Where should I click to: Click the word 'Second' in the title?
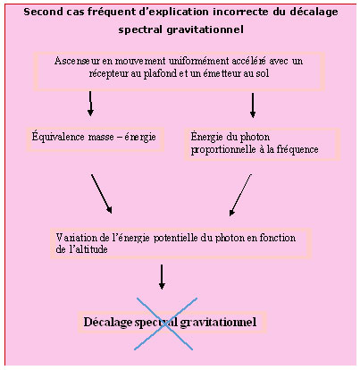(x=39, y=12)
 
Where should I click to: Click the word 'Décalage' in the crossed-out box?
(x=107, y=323)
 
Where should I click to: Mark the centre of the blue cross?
(x=165, y=324)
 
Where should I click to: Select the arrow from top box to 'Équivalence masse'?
(x=90, y=104)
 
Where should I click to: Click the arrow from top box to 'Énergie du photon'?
(x=253, y=105)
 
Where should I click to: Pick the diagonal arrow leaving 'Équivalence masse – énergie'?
(x=102, y=194)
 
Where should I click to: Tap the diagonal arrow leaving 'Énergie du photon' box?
(x=240, y=195)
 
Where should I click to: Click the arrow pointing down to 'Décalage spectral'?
(x=162, y=277)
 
